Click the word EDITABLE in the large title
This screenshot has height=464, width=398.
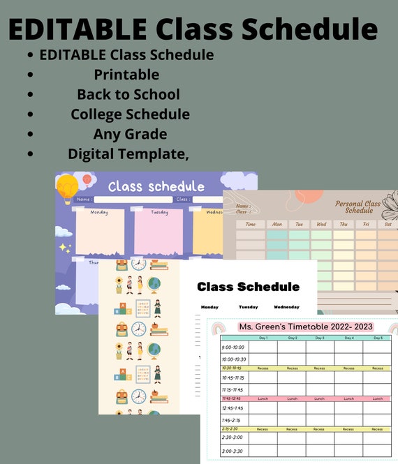(77, 29)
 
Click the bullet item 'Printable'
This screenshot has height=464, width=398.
(126, 75)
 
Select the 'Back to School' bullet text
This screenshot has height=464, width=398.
(128, 94)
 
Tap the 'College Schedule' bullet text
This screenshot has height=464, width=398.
(130, 114)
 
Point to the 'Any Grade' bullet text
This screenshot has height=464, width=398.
(130, 133)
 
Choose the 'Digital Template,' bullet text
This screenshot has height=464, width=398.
(128, 154)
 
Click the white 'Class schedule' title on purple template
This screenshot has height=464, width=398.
(156, 186)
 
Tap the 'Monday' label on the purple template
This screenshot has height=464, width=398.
(99, 212)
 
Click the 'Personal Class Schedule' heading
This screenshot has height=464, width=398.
(358, 207)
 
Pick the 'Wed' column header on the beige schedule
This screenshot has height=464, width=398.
(321, 225)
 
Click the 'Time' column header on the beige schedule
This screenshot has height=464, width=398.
(251, 225)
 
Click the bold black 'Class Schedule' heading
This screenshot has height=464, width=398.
(248, 287)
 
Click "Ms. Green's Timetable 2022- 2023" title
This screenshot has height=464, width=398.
(306, 327)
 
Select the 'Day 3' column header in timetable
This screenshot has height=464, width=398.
(320, 338)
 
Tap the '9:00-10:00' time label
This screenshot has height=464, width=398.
(233, 347)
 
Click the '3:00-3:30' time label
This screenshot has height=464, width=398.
(233, 451)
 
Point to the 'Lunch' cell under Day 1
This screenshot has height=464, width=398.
(263, 398)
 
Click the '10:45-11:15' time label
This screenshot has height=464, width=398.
(233, 377)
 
